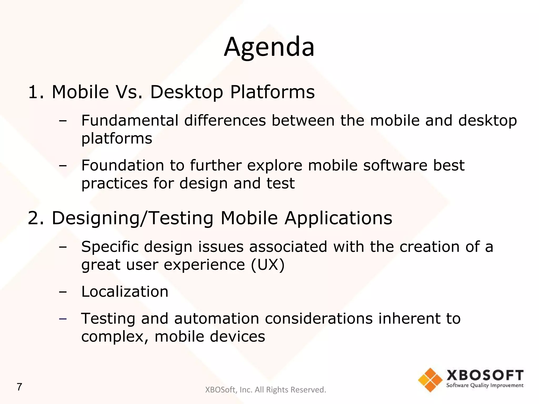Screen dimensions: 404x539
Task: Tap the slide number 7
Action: [x=19, y=387]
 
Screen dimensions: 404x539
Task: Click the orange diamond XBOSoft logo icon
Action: [x=430, y=380]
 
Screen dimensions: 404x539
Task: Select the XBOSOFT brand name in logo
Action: [x=485, y=375]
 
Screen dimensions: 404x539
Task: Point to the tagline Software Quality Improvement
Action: [x=485, y=386]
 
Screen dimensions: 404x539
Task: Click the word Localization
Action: [x=125, y=291]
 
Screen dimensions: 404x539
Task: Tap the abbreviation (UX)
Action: [x=268, y=265]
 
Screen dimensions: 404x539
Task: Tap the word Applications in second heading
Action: [x=338, y=218]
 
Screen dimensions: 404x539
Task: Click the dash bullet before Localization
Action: [x=63, y=292]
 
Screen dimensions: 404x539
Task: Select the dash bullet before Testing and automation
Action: [x=63, y=319]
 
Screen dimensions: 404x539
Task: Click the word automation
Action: [x=217, y=319]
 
